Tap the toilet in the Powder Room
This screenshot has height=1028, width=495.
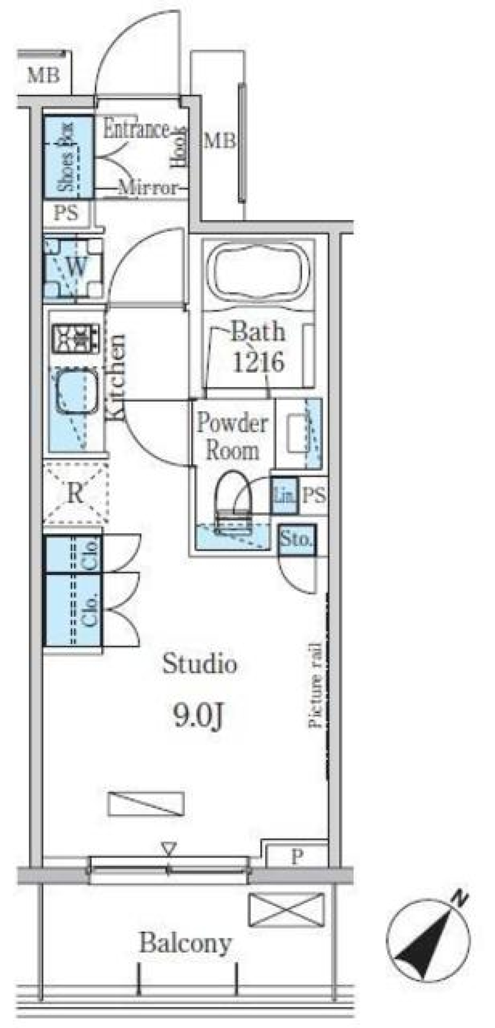coord(234,498)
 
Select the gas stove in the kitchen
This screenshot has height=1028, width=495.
coord(76,338)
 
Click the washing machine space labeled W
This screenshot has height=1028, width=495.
coord(75,267)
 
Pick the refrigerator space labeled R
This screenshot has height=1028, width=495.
coord(75,494)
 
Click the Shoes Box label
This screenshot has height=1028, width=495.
coord(68,157)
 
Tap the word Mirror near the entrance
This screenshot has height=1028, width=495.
coord(148,188)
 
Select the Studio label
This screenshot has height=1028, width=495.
coord(200,664)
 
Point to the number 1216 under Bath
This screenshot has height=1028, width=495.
coord(258,362)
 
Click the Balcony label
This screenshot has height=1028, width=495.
coord(185,943)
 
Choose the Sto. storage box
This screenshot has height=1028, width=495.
coord(296,540)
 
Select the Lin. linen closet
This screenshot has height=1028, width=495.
coord(284,496)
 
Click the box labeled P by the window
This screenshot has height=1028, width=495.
coord(296,857)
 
